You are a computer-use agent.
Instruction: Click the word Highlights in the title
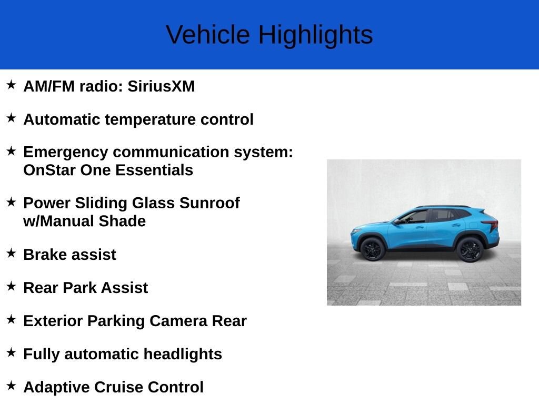click(315, 35)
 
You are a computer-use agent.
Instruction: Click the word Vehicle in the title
click(208, 35)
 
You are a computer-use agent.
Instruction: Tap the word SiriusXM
click(161, 86)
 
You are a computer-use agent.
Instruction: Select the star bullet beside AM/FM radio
click(11, 85)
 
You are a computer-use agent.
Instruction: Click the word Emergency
click(66, 152)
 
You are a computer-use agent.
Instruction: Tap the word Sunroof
click(209, 203)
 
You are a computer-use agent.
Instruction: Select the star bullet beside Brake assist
click(11, 253)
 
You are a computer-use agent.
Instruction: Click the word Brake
click(45, 255)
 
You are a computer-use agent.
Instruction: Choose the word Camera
click(178, 321)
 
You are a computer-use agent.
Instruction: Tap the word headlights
click(183, 354)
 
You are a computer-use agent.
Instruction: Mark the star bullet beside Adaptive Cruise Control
click(11, 386)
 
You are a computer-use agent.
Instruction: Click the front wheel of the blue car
click(373, 249)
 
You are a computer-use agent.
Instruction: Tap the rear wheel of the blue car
click(470, 250)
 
